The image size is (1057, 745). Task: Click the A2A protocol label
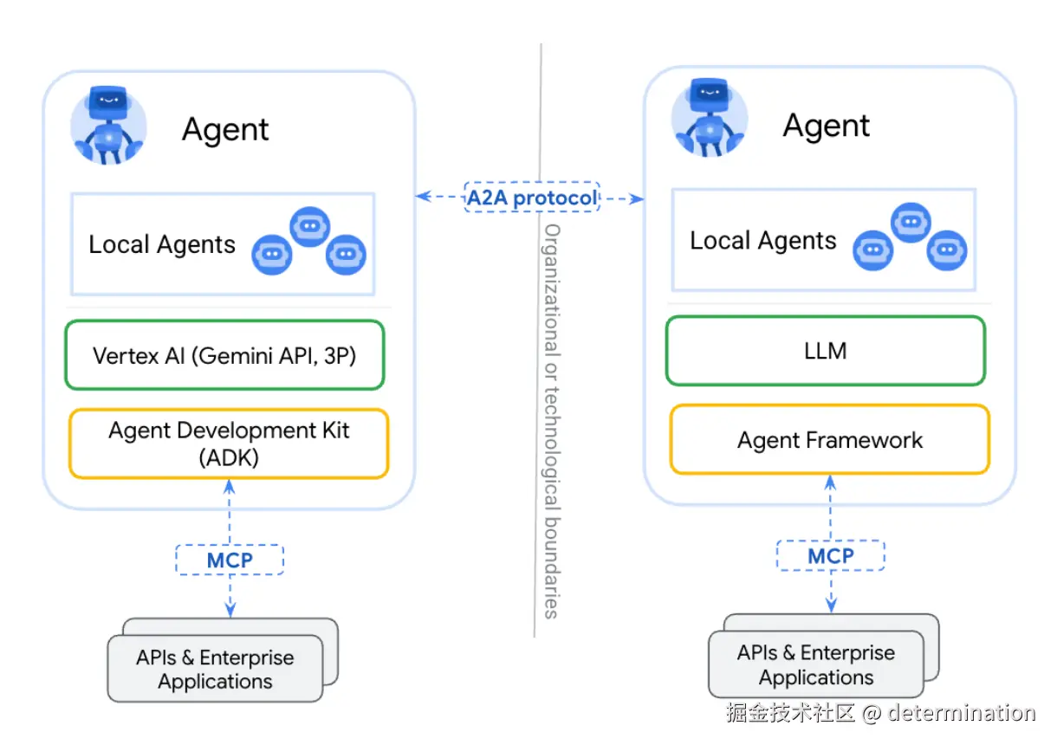point(532,198)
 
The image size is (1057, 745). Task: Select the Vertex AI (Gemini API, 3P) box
point(224,355)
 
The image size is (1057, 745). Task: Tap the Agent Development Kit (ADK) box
point(229,444)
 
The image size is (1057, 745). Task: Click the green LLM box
point(825,351)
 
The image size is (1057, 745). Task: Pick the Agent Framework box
point(829,440)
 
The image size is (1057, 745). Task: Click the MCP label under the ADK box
point(230,560)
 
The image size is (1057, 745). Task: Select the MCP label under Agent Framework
point(831,555)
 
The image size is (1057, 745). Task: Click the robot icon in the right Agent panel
point(710,120)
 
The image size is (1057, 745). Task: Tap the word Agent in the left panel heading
point(225,130)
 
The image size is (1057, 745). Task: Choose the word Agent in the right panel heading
point(826,126)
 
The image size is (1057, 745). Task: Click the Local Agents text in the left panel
point(162,244)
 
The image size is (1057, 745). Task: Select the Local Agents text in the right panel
point(763,240)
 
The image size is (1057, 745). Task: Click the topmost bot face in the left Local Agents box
point(309,227)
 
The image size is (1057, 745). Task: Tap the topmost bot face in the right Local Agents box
point(911,223)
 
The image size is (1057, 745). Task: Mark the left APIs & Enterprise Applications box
point(215,670)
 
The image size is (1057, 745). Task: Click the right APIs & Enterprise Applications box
point(816,665)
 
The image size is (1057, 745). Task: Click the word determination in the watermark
point(961,713)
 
